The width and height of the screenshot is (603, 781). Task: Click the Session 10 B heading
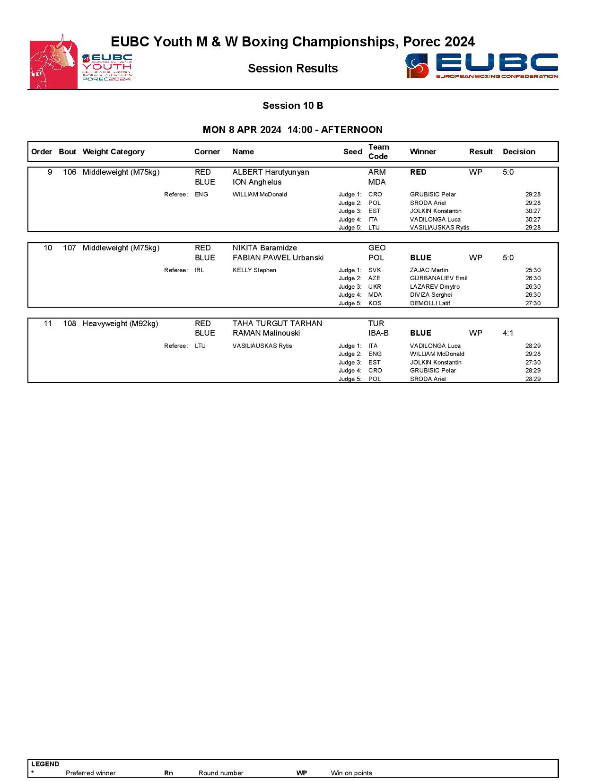coord(293,106)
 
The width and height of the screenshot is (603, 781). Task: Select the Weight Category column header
coord(113,152)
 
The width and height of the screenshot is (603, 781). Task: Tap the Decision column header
coord(519,152)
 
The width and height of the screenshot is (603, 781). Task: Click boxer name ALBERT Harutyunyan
coord(271,172)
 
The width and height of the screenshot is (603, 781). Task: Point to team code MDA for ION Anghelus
coord(376,182)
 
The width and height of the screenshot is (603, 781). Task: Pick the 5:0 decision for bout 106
coord(508,172)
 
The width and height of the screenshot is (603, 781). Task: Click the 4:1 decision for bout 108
coord(508,333)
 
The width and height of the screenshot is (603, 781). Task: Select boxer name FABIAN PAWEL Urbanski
coord(278,258)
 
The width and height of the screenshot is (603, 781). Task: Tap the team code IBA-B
coord(378,333)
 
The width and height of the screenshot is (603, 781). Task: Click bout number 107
coord(70,248)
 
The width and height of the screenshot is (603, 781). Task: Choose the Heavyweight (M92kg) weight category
coord(120,324)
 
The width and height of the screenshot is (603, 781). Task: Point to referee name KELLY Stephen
coord(254,270)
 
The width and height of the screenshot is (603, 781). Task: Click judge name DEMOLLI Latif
coord(430,303)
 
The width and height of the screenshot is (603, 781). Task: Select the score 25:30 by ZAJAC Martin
coord(533,270)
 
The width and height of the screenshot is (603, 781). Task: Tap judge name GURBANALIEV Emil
coord(438,278)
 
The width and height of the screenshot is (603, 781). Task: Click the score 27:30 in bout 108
coord(533,363)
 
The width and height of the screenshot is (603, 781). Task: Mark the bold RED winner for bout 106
coord(418,172)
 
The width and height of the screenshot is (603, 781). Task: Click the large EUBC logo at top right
coord(481,66)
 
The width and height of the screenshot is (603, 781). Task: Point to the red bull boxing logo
coord(53,62)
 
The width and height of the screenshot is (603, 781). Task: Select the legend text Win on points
coord(351,773)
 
